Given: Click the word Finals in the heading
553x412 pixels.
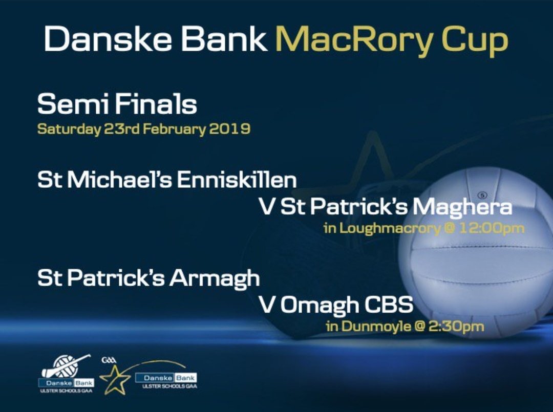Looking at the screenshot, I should pyautogui.click(x=156, y=104).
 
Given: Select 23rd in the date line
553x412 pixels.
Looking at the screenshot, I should pyautogui.click(x=121, y=128).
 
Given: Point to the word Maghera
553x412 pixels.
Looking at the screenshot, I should pyautogui.click(x=462, y=207).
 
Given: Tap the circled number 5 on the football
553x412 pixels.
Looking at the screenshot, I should pyautogui.click(x=481, y=196).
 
